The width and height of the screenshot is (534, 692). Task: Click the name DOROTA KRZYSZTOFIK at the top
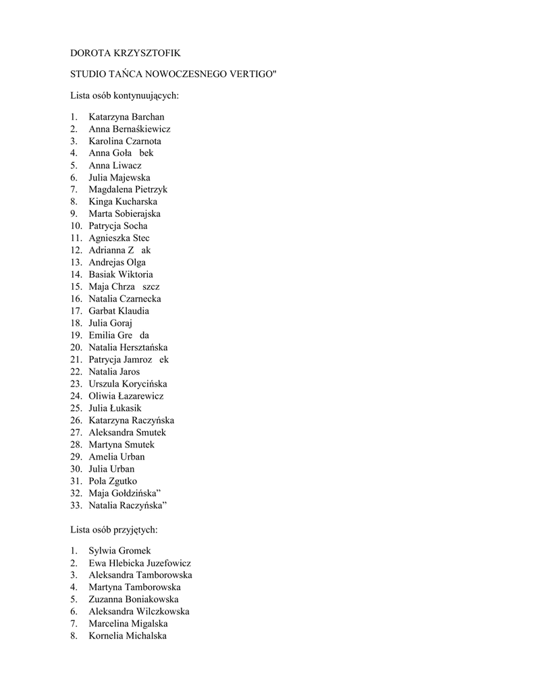(126, 53)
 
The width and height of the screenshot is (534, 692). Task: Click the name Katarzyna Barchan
(126, 117)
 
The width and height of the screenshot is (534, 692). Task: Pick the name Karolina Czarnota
(124, 141)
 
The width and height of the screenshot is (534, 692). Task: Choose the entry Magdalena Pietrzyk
(128, 190)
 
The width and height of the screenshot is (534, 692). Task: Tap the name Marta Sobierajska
(124, 214)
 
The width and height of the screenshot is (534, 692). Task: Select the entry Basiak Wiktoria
(121, 274)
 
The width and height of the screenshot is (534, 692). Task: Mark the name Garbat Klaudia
(119, 311)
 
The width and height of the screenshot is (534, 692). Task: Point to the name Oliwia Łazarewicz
(126, 396)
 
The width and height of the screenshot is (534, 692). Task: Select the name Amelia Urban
(116, 457)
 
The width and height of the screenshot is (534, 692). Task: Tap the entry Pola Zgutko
(113, 481)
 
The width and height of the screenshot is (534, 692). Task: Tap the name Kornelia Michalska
(127, 636)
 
